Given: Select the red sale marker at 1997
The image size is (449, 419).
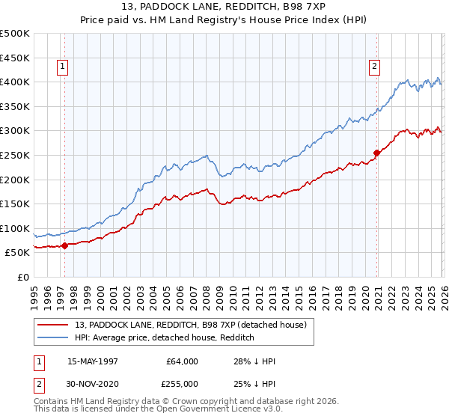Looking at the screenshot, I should tap(65, 245).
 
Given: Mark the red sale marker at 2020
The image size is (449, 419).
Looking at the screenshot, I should tap(376, 153).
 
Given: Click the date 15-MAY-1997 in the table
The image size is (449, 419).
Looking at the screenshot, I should tap(94, 361).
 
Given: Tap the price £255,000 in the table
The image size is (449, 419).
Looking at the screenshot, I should tap(183, 385).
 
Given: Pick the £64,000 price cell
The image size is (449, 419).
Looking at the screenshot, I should tap(183, 361).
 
